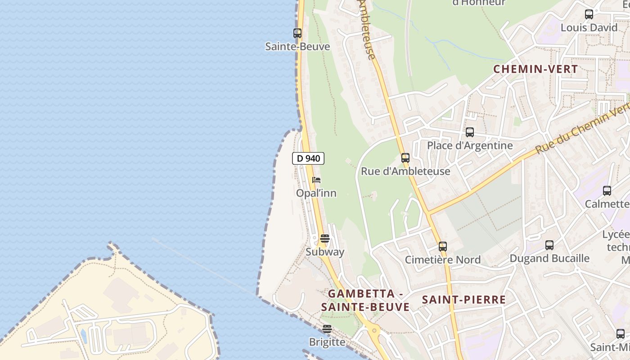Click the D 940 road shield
(x=308, y=158)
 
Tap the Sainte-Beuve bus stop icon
(x=297, y=33)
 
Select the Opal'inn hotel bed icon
(x=316, y=180)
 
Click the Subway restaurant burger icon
(x=325, y=238)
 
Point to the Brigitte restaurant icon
(x=327, y=329)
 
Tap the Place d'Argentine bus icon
(x=470, y=132)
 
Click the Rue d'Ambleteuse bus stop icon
(x=405, y=157)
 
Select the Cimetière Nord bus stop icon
(x=443, y=246)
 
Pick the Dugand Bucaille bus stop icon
(x=549, y=245)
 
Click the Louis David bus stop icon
(x=589, y=14)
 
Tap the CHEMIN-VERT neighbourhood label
(x=535, y=69)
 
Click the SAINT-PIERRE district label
(x=463, y=300)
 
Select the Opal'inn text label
(x=316, y=193)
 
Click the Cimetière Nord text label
(x=443, y=260)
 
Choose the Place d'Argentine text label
(x=470, y=145)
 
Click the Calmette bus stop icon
(x=607, y=190)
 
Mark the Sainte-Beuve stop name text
(x=297, y=46)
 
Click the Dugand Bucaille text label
(x=549, y=258)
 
